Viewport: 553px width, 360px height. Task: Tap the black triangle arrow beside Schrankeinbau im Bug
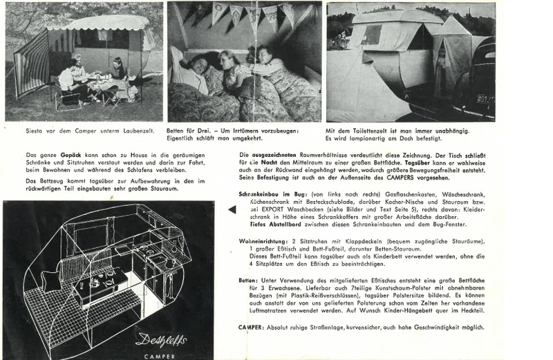click(232, 209)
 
